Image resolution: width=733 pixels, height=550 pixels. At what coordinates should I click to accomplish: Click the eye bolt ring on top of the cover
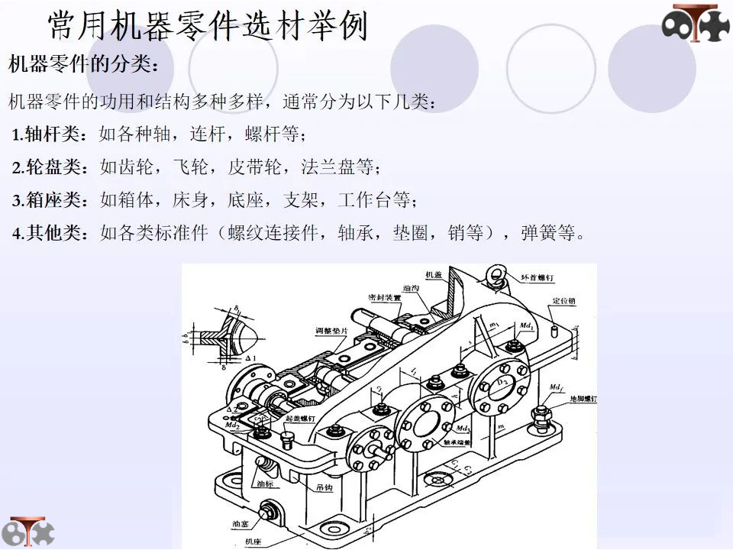[x=496, y=273]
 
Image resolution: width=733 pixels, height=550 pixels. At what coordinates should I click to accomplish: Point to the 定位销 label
[x=563, y=301]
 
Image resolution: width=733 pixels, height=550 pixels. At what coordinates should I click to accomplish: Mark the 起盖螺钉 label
[x=299, y=419]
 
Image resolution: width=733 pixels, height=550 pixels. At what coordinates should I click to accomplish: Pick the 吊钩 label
[x=325, y=487]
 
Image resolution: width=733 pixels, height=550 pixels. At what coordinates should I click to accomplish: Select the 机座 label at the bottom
[x=253, y=541]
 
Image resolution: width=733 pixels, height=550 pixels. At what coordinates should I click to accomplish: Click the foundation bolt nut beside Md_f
[x=543, y=415]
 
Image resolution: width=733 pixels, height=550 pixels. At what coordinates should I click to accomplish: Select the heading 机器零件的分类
[x=84, y=63]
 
